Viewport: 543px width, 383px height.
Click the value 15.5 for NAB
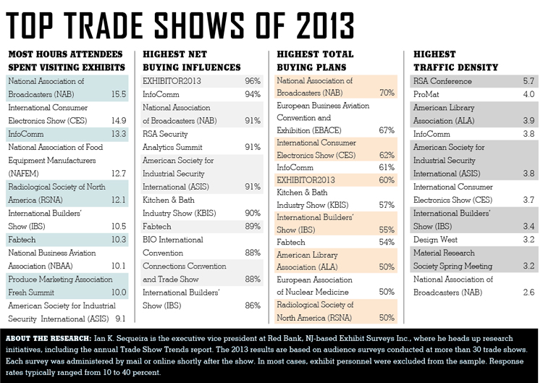coord(119,94)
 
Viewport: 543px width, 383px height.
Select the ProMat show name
coord(427,94)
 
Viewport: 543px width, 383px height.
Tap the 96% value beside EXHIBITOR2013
coord(253,81)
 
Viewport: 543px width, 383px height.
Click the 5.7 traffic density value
coord(528,81)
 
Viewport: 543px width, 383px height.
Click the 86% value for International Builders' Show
coord(253,305)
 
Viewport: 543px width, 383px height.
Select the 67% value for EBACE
coord(386,130)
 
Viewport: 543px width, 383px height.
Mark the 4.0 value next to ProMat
coord(528,94)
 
